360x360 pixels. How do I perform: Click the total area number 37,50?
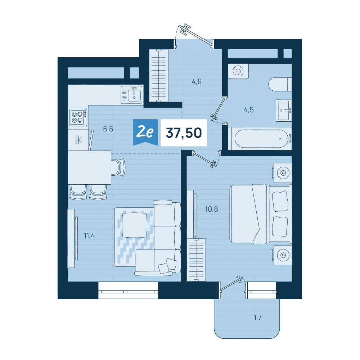click(x=184, y=133)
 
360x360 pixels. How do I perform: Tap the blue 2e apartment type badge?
click(x=145, y=132)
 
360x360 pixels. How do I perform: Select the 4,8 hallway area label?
click(x=197, y=81)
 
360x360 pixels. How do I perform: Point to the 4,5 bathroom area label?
click(x=248, y=110)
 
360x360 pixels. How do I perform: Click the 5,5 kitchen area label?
click(x=108, y=129)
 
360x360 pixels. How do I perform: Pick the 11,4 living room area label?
click(x=89, y=236)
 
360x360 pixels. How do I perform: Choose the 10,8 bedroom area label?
click(x=211, y=209)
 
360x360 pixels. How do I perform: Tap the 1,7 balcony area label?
click(x=258, y=317)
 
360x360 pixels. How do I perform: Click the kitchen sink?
click(x=131, y=95)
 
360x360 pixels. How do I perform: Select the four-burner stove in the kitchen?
click(x=78, y=117)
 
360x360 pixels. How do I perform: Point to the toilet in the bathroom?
click(x=280, y=84)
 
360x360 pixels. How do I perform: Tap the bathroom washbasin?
click(x=284, y=111)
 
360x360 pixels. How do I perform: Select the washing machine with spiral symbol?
click(x=238, y=72)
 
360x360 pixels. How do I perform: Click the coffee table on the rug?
click(x=135, y=225)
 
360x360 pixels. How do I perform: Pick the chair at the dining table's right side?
click(x=118, y=167)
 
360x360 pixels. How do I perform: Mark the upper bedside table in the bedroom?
click(x=282, y=173)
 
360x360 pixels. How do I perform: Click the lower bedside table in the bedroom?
click(x=282, y=255)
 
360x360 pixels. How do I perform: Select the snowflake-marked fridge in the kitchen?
click(x=78, y=140)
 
